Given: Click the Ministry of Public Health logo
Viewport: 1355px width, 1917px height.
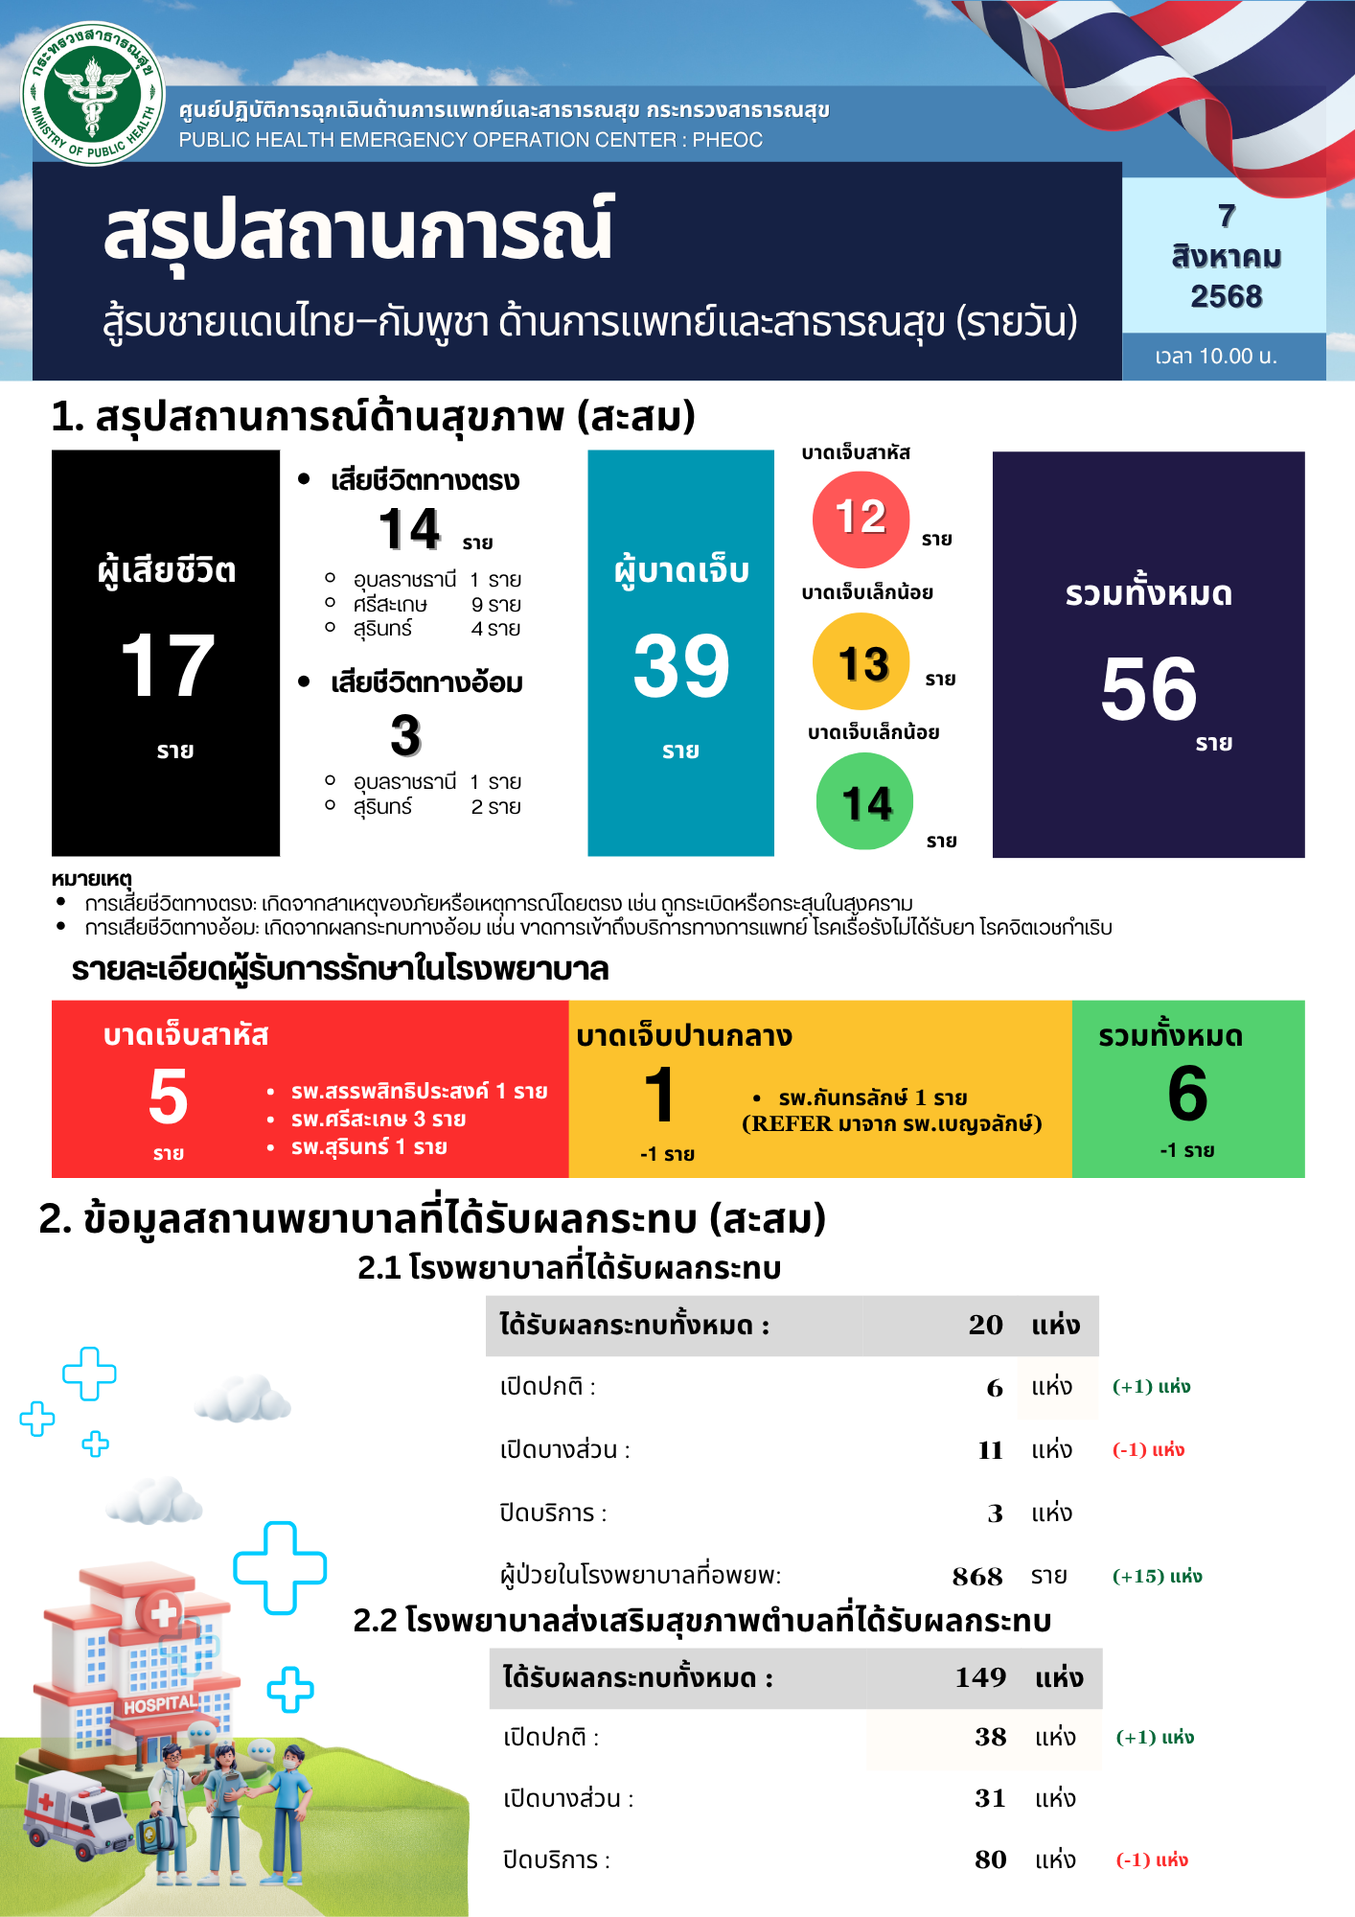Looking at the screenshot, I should [x=93, y=94].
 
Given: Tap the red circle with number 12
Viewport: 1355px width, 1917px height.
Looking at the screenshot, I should [x=861, y=520].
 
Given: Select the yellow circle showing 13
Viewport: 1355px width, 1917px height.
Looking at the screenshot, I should [x=861, y=662].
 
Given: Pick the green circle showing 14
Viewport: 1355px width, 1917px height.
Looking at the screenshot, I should [x=864, y=801].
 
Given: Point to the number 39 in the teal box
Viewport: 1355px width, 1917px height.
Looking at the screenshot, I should [x=680, y=666].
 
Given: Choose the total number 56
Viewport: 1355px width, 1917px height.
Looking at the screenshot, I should [x=1148, y=689].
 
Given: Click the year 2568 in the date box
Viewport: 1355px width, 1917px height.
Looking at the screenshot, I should [x=1226, y=297].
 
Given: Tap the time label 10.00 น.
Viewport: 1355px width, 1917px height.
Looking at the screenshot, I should [x=1215, y=357].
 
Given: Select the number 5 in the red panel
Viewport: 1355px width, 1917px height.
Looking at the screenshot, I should [x=168, y=1097].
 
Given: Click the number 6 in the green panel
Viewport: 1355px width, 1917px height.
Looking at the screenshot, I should [x=1187, y=1095].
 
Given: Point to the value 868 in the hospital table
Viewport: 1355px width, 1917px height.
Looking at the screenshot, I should [x=977, y=1577].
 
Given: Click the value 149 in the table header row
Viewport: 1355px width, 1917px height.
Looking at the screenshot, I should [x=980, y=1677].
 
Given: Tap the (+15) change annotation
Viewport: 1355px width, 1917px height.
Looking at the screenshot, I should [x=1157, y=1577].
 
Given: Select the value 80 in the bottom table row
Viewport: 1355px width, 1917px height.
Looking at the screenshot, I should [x=990, y=1859].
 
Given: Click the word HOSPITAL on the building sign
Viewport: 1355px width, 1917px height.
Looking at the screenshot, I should [x=160, y=1704].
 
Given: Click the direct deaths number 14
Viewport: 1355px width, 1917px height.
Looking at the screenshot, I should [x=409, y=530].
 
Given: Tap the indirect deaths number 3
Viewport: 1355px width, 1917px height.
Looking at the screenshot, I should [x=405, y=736].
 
